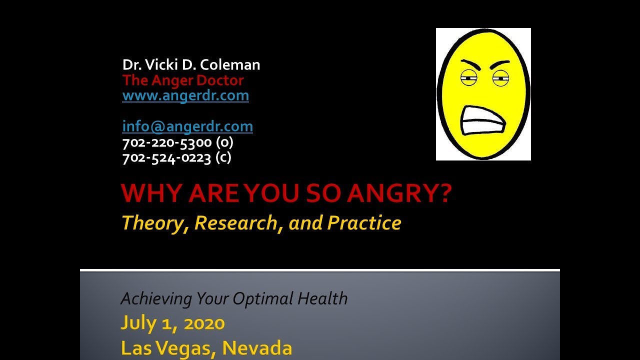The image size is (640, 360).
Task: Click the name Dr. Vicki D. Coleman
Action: click(191, 65)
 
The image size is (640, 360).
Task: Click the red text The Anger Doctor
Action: click(182, 80)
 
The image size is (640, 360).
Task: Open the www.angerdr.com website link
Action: click(185, 95)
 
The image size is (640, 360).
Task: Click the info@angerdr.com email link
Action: click(187, 126)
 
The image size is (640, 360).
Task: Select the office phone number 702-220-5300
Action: click(167, 142)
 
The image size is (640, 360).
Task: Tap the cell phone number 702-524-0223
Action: click(166, 158)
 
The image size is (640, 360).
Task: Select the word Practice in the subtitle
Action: click(364, 223)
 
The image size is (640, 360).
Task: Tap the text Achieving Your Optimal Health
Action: click(234, 299)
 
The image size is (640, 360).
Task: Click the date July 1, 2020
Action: click(172, 323)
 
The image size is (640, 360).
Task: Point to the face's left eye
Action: click(468, 77)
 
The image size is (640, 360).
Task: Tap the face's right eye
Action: click(500, 77)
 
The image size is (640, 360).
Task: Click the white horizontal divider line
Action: click(320, 270)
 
